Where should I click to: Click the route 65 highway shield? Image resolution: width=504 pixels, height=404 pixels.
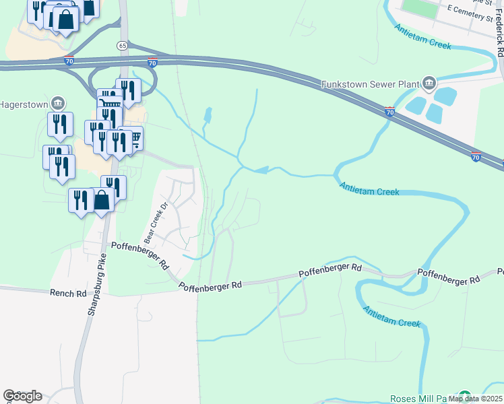pos(121,45)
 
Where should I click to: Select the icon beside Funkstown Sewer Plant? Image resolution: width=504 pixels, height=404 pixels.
pos(429,85)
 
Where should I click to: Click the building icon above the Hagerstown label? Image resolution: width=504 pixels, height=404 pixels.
pos(59,103)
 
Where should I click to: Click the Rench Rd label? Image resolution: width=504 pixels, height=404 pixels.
pos(68,294)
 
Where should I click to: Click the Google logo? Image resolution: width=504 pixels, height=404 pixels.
pos(22,395)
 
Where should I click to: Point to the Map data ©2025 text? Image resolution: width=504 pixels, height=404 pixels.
pos(475,399)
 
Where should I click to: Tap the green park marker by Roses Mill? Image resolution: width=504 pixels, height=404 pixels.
pos(464,397)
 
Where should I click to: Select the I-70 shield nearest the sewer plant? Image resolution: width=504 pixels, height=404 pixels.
pos(390,112)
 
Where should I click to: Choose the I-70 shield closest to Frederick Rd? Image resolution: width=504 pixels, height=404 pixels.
pos(476,157)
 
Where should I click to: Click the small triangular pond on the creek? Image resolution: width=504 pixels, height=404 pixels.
pos(262,170)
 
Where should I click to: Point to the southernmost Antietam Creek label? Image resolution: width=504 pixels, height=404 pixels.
pos(391,316)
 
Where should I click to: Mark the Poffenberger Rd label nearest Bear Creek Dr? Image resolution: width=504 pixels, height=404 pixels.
pos(140,255)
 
